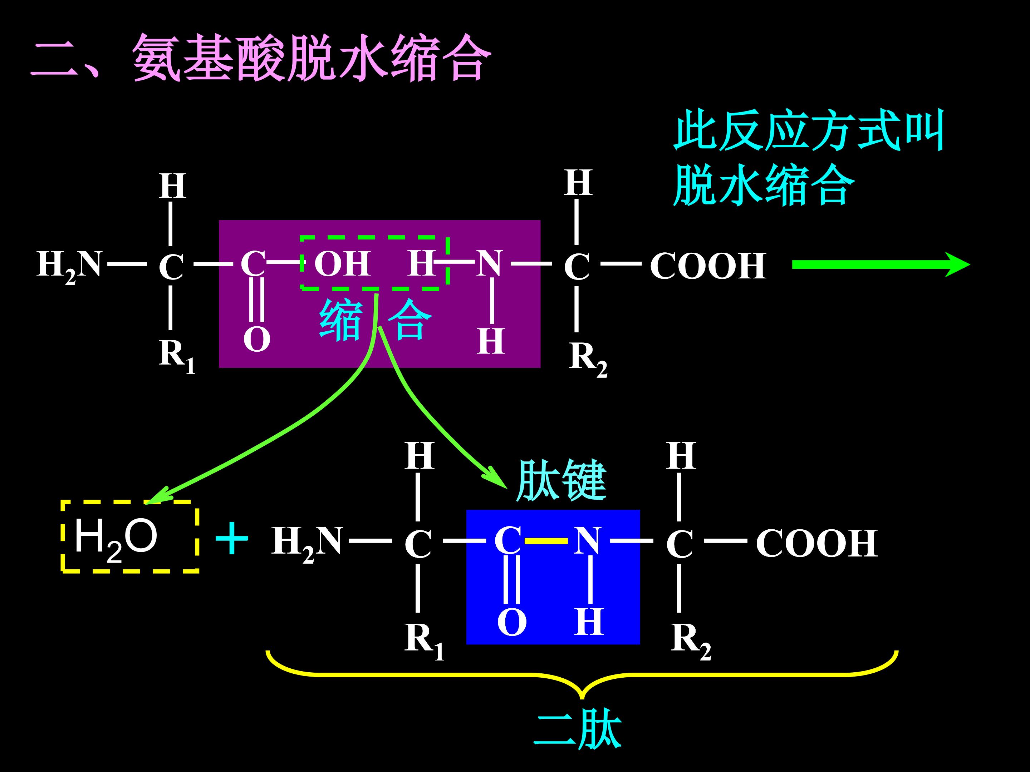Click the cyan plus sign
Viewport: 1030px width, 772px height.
coord(231,538)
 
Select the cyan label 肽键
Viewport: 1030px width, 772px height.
coord(561,480)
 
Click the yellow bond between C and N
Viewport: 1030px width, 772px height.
coord(546,541)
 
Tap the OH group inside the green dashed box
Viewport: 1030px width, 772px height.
coord(342,263)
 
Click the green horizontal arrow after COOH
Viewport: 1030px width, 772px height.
coord(880,265)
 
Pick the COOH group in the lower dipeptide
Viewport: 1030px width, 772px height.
coord(816,543)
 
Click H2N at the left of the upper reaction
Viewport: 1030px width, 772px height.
coord(69,265)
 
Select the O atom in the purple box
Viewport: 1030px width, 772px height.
coord(256,339)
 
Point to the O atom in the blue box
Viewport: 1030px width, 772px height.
coord(512,622)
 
